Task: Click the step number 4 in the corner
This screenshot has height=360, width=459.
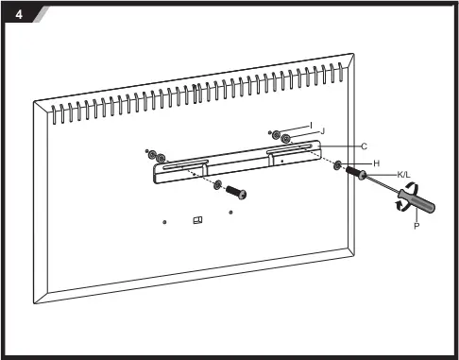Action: [x=18, y=13]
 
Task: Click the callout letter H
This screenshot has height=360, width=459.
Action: [x=376, y=163]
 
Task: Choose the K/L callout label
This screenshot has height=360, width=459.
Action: [x=403, y=175]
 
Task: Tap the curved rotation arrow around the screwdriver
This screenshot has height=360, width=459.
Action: [x=403, y=198]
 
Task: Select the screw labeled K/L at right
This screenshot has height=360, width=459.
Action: [x=356, y=174]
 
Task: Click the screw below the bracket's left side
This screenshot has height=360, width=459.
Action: [x=235, y=192]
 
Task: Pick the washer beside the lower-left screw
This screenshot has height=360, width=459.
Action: [x=217, y=184]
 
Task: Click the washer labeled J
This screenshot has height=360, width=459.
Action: [x=285, y=140]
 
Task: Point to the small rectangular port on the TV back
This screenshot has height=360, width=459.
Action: [x=196, y=220]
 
